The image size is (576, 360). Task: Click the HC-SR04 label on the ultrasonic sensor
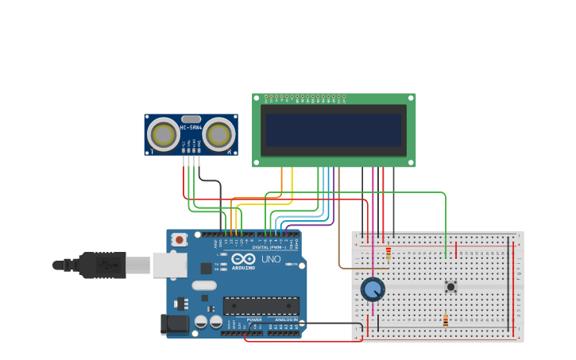click(191, 127)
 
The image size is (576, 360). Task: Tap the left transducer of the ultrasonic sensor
click(164, 135)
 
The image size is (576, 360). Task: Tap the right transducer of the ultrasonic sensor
click(218, 135)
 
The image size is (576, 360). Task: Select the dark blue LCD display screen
click(334, 130)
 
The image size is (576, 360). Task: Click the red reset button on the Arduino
click(180, 239)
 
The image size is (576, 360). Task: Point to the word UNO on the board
click(271, 259)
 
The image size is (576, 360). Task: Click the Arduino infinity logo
click(243, 260)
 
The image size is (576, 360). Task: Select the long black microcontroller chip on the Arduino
click(261, 305)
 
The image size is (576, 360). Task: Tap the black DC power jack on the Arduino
click(175, 323)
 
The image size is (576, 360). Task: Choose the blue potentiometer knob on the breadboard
click(373, 288)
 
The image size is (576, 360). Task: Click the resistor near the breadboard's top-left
click(389, 253)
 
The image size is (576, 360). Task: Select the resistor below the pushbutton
click(445, 321)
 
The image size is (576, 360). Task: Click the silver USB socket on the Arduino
click(169, 265)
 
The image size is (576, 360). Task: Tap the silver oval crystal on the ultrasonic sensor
click(191, 118)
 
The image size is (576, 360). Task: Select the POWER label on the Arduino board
click(253, 319)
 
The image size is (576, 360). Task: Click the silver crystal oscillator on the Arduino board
click(203, 285)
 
